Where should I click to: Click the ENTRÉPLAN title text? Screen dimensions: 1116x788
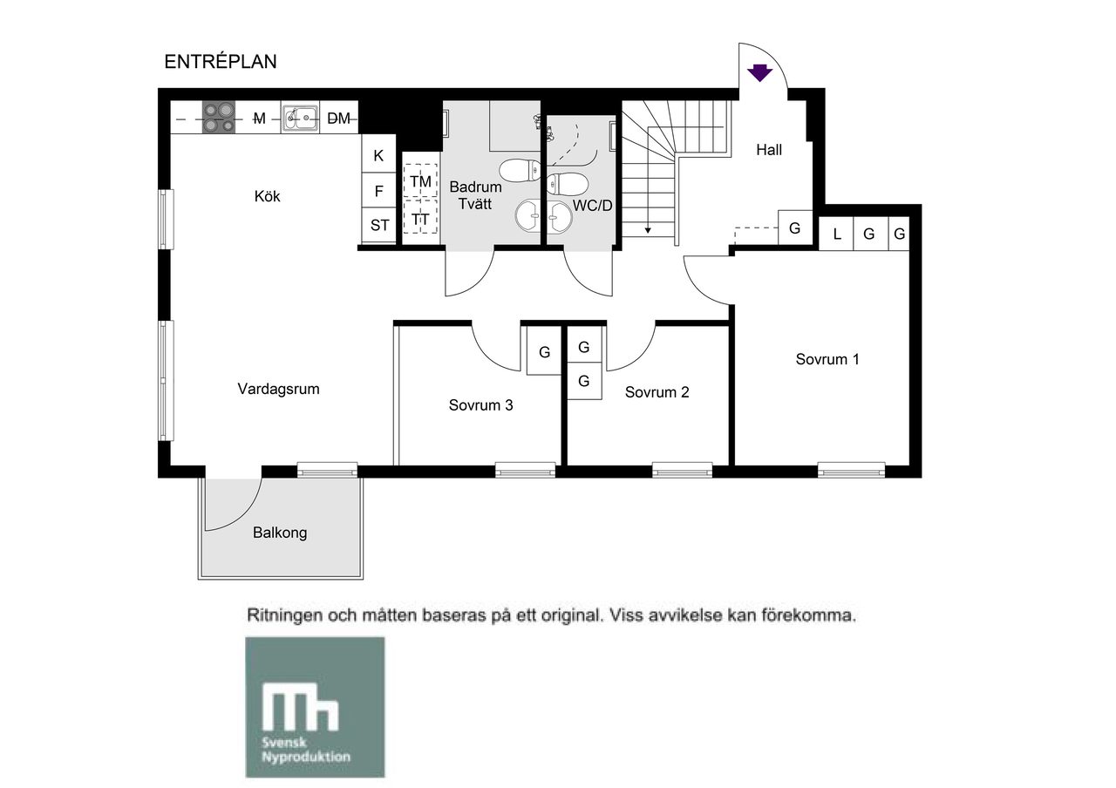221,61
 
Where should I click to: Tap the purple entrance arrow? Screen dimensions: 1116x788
759,72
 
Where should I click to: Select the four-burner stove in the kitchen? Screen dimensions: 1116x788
218,117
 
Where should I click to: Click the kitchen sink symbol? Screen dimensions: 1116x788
300,118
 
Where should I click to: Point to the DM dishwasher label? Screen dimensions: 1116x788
338,118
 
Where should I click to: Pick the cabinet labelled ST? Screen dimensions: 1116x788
378,225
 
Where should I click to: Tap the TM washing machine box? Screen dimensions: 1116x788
420,180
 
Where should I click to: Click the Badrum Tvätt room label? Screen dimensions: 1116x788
475,195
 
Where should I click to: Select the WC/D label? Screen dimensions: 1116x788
592,205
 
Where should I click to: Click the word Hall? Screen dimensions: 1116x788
769,149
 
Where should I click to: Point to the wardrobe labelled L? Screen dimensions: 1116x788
836,233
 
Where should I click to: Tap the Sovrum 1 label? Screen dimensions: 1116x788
827,359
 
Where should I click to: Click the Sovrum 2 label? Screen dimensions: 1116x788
657,392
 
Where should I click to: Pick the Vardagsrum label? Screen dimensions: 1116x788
278,389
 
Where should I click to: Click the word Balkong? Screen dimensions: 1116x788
280,533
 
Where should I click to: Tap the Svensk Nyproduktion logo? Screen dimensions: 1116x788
315,706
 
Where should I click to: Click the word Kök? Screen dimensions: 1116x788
267,196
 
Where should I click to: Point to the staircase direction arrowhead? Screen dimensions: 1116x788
648,230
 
